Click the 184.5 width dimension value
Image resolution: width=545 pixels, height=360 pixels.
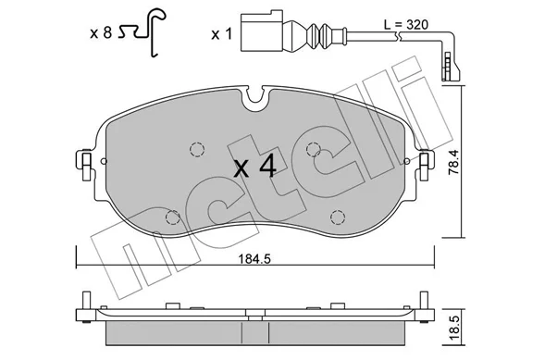[254, 259]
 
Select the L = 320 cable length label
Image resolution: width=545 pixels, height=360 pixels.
[406, 25]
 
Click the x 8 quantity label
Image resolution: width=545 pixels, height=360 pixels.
[101, 33]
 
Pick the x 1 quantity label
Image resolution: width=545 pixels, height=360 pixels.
[221, 34]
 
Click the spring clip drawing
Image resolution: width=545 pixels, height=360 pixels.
[142, 32]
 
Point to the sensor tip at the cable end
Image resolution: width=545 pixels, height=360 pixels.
[450, 67]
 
